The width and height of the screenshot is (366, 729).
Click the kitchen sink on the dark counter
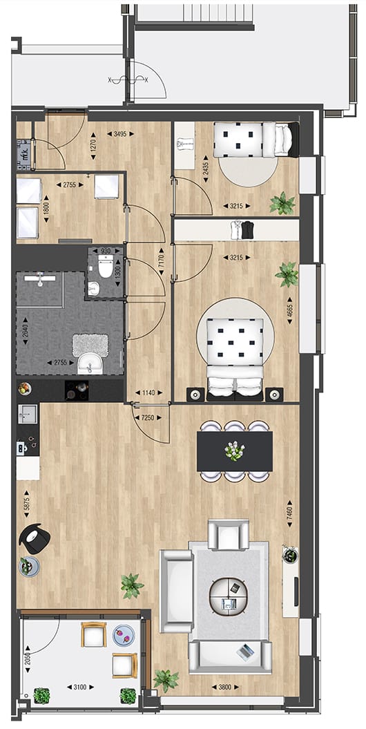(28, 415)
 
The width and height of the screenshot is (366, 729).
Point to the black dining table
(235, 451)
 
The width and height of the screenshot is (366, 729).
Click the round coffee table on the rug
(229, 595)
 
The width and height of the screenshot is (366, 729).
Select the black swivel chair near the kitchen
(34, 536)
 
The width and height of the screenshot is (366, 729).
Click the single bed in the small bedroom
(253, 139)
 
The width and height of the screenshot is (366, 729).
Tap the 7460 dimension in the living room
(290, 514)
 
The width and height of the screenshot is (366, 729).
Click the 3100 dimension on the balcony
(82, 686)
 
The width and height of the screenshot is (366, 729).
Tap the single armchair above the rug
(229, 535)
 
